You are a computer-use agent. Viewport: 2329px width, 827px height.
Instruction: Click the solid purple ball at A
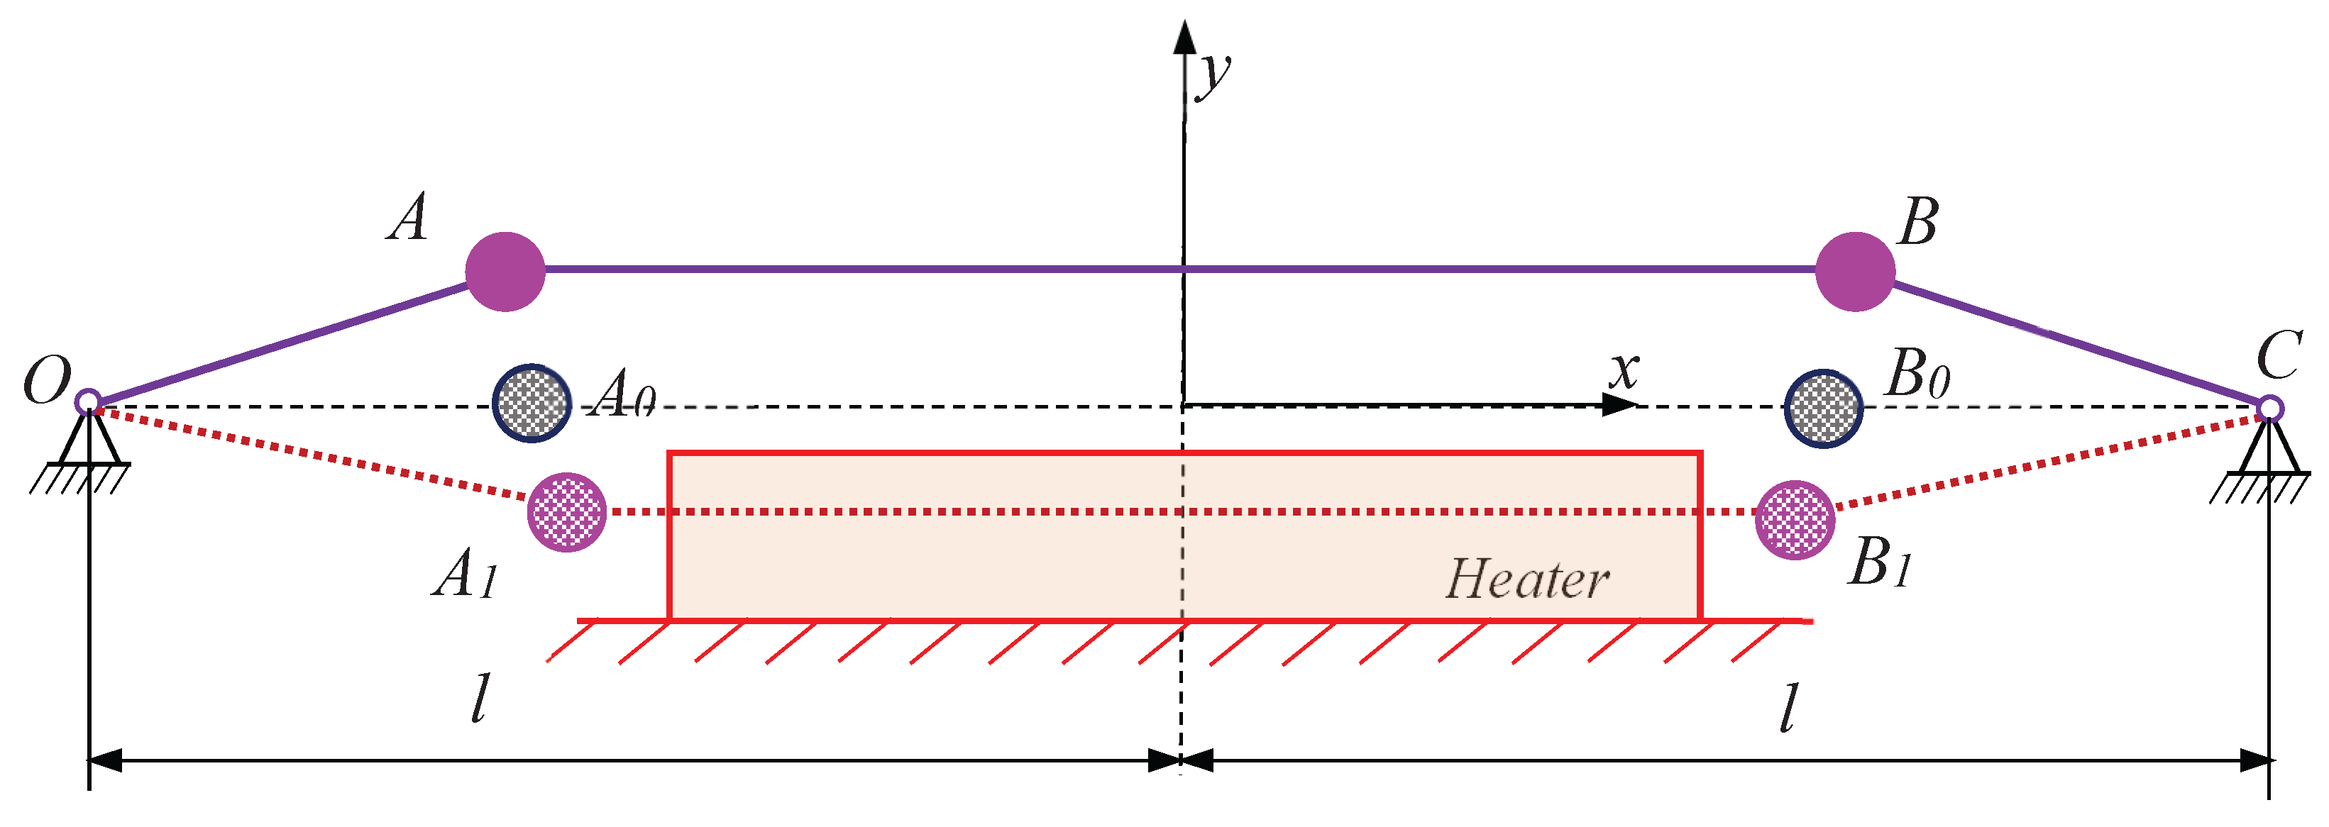click(x=505, y=271)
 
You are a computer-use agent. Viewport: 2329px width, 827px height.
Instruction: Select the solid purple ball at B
click(x=1854, y=271)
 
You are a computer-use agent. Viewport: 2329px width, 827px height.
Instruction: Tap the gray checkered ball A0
click(x=532, y=402)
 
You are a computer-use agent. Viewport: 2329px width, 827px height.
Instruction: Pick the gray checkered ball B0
click(x=1824, y=408)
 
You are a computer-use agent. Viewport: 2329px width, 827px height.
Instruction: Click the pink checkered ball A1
click(x=567, y=511)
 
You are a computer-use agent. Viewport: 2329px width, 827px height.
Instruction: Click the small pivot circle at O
click(x=88, y=401)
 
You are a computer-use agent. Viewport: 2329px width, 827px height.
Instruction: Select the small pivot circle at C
click(x=2269, y=409)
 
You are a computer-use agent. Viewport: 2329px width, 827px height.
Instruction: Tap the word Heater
click(x=1527, y=579)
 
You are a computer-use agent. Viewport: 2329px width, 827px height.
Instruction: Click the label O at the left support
click(x=47, y=379)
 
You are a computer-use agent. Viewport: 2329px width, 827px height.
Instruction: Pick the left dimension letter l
click(x=481, y=698)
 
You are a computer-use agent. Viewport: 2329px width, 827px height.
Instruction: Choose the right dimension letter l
click(x=1788, y=707)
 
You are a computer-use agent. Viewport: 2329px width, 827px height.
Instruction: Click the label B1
click(x=1881, y=562)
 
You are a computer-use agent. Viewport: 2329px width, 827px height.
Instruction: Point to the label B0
click(x=1917, y=372)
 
